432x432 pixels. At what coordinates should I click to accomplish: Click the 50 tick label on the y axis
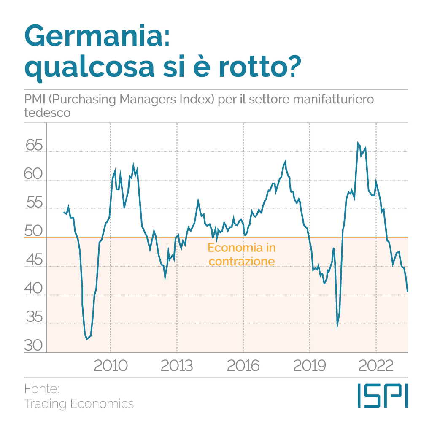(x=34, y=232)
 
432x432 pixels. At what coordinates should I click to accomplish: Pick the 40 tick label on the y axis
(x=34, y=289)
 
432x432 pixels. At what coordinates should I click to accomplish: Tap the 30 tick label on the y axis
(x=34, y=346)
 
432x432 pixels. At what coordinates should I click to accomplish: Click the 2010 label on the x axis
(x=110, y=365)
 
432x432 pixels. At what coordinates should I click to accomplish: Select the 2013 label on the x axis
(x=176, y=365)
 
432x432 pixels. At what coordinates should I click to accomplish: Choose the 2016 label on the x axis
(x=243, y=365)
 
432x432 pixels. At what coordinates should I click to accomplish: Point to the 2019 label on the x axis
(x=309, y=365)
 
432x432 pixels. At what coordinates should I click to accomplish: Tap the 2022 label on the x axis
(x=375, y=365)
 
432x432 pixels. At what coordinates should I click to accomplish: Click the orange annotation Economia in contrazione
(x=241, y=254)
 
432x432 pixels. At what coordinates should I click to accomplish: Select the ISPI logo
(x=382, y=395)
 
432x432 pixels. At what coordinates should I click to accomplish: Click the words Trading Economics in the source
(x=79, y=404)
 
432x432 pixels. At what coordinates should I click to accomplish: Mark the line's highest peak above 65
(x=358, y=143)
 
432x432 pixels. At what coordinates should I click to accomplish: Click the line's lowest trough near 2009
(x=87, y=339)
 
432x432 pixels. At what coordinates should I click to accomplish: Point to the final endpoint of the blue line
(x=408, y=291)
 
